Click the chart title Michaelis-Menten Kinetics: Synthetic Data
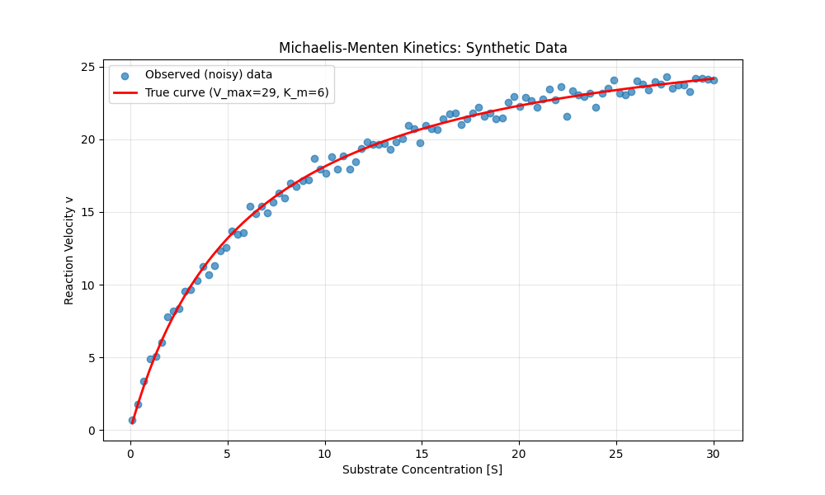pos(422,48)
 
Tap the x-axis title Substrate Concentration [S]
pos(422,469)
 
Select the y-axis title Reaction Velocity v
pos(69,250)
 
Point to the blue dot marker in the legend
pos(125,74)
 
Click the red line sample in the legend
pos(125,92)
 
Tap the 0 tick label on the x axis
pos(130,452)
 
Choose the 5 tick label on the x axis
pos(228,452)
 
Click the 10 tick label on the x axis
pos(325,452)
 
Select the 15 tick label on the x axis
pos(422,452)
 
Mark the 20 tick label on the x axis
pos(519,452)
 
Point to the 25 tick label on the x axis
pos(616,452)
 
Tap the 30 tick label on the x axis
pos(714,452)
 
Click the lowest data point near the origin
pos(132,420)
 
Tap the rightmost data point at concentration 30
pos(714,80)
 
